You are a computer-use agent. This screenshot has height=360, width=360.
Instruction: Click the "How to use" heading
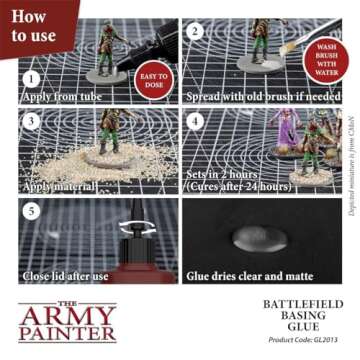30,26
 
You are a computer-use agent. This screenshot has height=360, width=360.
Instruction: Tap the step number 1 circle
33,78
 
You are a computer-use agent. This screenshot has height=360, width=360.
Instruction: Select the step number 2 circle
197,32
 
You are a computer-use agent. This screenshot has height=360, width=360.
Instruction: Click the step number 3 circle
33,122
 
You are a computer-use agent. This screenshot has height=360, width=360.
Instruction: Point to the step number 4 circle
197,122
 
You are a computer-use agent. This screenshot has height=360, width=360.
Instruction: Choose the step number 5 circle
33,212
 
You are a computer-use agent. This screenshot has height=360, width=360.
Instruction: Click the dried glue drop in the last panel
250,238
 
